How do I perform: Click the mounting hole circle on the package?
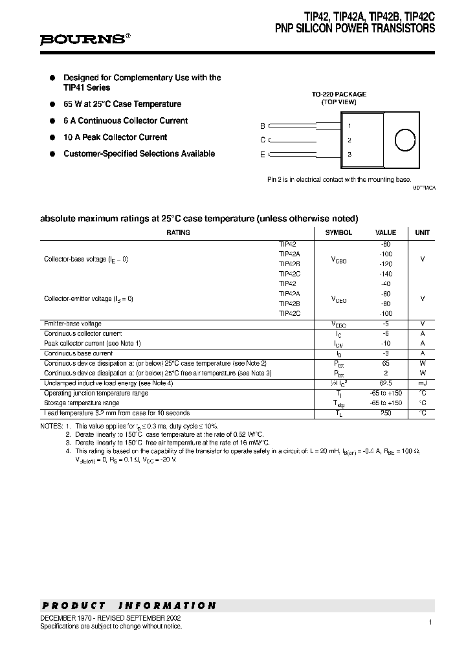pyautogui.click(x=405, y=140)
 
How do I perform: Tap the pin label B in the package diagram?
pyautogui.click(x=262, y=126)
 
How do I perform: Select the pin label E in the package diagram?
pyautogui.click(x=262, y=154)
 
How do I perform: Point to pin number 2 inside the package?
pyautogui.click(x=349, y=140)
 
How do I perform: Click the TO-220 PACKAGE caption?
pyautogui.click(x=338, y=94)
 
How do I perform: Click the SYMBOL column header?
pyautogui.click(x=338, y=232)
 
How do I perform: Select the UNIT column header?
pyautogui.click(x=422, y=232)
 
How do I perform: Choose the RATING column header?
pyautogui.click(x=178, y=232)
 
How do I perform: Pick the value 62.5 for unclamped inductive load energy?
pyautogui.click(x=386, y=383)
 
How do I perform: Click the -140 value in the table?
pyautogui.click(x=386, y=274)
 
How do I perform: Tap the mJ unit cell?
pyautogui.click(x=422, y=383)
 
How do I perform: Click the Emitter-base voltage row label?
pyautogui.click(x=72, y=324)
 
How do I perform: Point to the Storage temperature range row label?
pyautogui.click(x=82, y=403)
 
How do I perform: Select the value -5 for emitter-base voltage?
pyautogui.click(x=386, y=324)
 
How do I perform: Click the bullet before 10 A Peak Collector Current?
pyautogui.click(x=53, y=137)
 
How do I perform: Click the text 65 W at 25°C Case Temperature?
pyautogui.click(x=122, y=104)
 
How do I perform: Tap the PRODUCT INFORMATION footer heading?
pyautogui.click(x=129, y=606)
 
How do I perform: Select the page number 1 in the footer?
pyautogui.click(x=430, y=622)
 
